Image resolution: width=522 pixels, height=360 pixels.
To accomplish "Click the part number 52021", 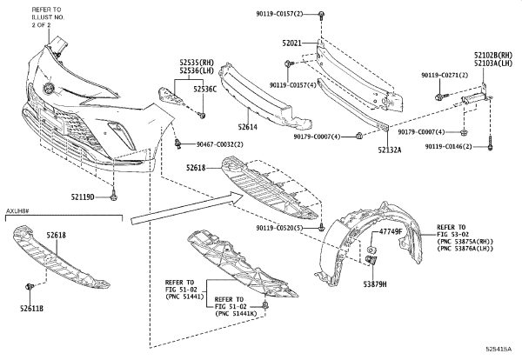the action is pos(292,43).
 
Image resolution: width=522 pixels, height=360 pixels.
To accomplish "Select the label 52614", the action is pos(248,127).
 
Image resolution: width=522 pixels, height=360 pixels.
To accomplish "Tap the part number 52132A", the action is pos(390,150).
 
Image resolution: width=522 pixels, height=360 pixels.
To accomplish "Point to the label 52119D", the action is pos(83,197).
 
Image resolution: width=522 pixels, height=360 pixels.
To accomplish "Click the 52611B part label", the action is pos(31,309).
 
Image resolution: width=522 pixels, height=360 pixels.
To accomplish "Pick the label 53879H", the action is pos(375,284).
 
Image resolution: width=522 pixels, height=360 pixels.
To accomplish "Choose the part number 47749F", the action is pos(391,232).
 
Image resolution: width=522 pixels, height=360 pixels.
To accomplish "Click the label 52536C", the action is pos(205,89).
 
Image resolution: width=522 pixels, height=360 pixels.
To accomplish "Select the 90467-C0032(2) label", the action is pos(220,144).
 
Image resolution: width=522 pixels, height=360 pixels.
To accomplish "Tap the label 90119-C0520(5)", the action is pos(280,228).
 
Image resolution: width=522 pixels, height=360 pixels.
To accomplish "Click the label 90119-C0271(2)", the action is pos(445,75).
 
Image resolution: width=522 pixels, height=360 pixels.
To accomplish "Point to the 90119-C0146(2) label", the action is pos(448,146).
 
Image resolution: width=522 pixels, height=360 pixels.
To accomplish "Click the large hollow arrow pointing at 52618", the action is pos(187,209).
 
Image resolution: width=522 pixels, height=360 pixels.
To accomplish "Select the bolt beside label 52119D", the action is pos(114,196).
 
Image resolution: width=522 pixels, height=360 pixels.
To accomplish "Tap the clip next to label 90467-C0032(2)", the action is pos(178,143).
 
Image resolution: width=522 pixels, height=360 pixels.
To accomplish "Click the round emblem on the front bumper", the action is pos(49,88).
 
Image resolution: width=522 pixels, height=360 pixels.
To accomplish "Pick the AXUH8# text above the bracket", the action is pos(18,211).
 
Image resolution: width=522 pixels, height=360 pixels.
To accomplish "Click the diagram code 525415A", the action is pos(499,349).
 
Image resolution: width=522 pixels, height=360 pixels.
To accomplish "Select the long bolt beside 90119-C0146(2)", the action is pos(490,143).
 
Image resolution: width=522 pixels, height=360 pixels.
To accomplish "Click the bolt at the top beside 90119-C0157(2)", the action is pos(321,16).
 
